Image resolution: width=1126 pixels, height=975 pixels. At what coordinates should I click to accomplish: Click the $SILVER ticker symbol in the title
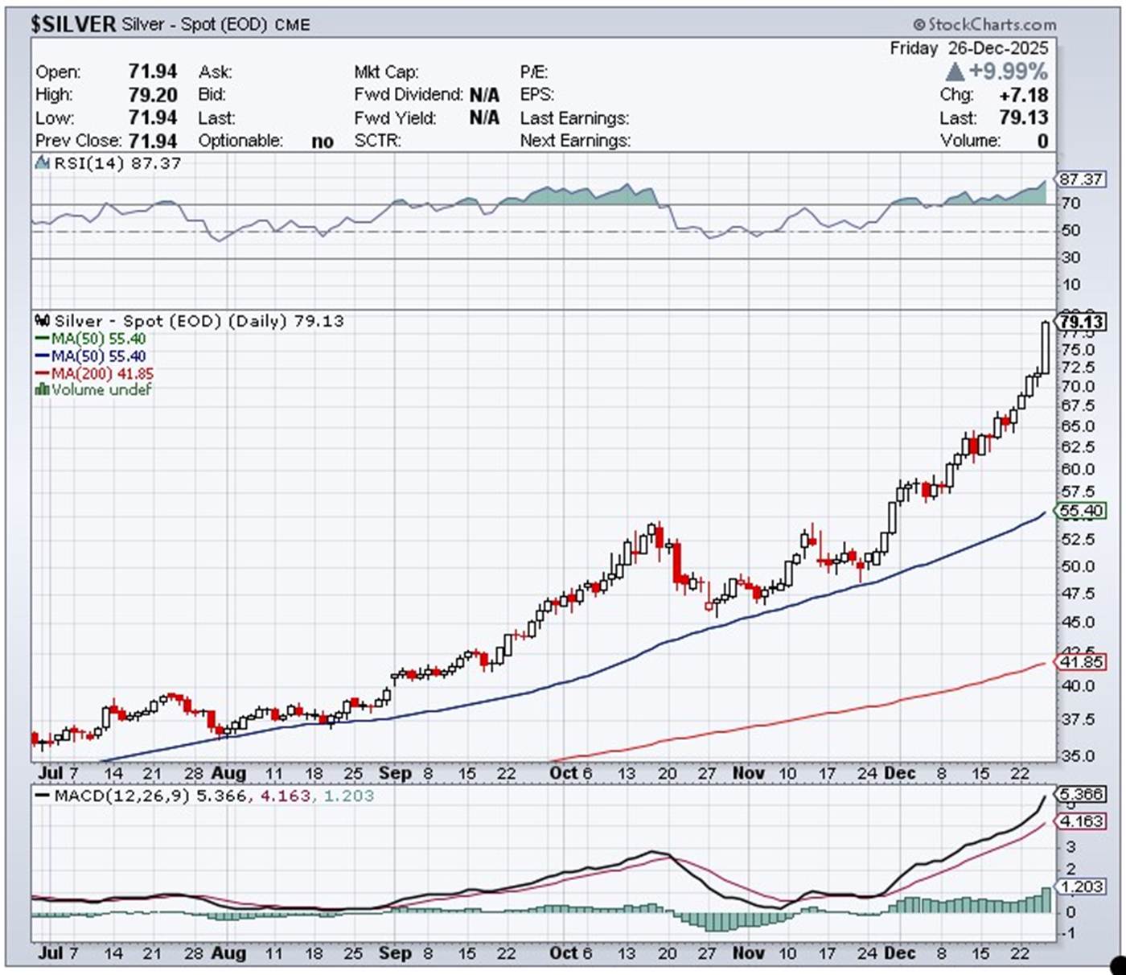click(x=73, y=24)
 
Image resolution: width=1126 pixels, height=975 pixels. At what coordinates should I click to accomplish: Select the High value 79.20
click(x=153, y=95)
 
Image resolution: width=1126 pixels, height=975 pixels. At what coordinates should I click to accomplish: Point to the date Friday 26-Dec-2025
click(x=968, y=49)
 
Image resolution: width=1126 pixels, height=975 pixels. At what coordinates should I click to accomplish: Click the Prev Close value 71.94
click(x=153, y=141)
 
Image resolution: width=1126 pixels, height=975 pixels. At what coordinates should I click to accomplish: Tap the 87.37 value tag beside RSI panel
click(x=1081, y=179)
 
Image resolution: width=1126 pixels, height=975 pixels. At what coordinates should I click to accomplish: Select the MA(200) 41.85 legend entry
click(x=94, y=373)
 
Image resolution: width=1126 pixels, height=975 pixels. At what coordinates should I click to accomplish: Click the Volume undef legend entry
click(x=93, y=390)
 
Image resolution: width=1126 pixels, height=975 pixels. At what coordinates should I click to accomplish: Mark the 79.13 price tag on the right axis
click(x=1082, y=323)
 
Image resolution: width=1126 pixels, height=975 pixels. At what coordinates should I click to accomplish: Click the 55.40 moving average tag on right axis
click(x=1081, y=511)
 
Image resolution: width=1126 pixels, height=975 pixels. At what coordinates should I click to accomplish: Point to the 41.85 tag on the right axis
click(x=1081, y=662)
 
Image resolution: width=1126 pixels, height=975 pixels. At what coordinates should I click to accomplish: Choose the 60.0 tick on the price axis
click(x=1078, y=469)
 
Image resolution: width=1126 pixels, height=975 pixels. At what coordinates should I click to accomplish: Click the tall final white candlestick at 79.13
click(x=1045, y=348)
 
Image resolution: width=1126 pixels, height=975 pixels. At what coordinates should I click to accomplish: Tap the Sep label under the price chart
click(x=394, y=773)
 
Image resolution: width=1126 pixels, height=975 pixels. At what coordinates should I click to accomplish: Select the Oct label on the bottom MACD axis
click(x=563, y=953)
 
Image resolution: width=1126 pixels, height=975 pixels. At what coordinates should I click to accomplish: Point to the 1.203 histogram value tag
click(x=1082, y=887)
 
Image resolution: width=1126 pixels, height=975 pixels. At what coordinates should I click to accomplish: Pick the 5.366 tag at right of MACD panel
click(x=1082, y=795)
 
